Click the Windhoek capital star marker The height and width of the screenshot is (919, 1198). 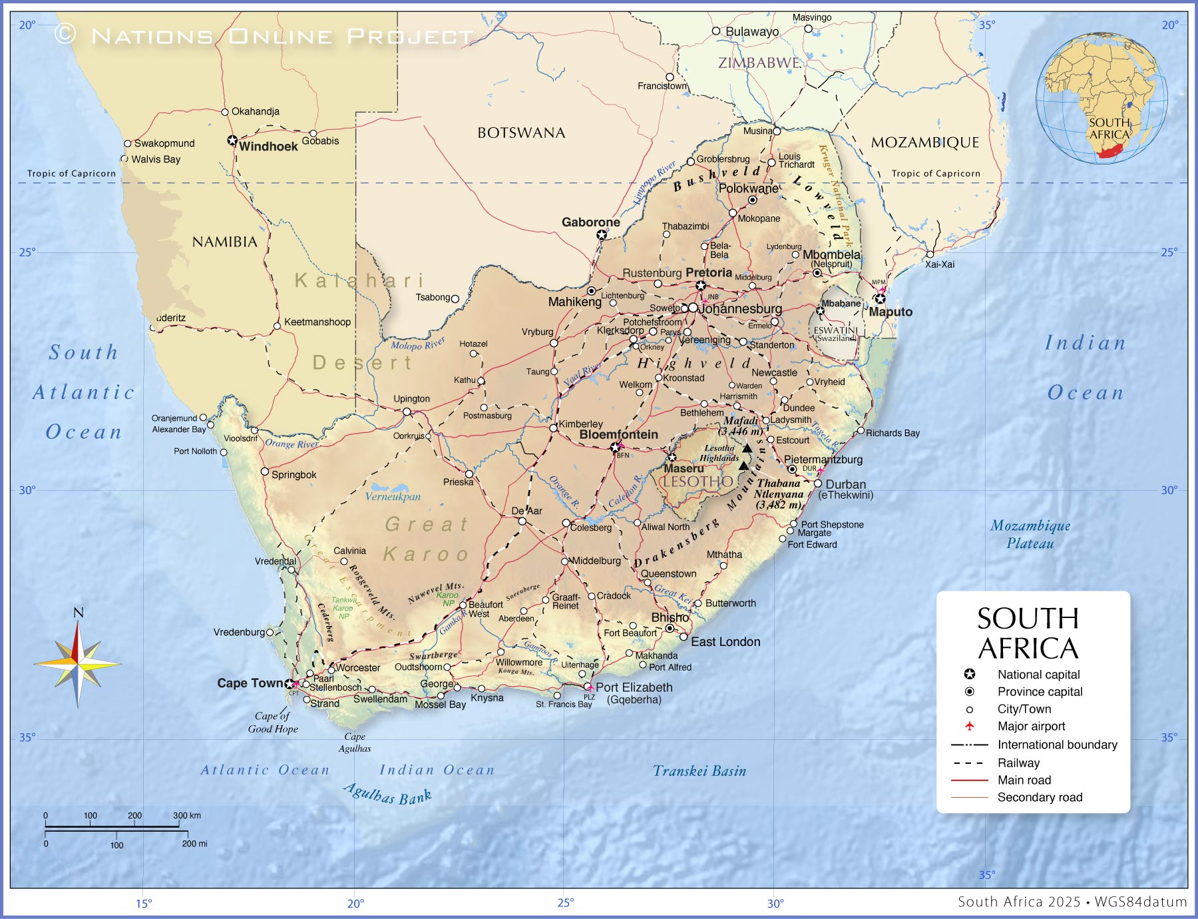pos(232,141)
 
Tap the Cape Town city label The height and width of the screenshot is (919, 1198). pos(250,683)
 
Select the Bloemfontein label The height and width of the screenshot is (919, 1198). pos(618,434)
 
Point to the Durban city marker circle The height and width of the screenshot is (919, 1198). pos(818,484)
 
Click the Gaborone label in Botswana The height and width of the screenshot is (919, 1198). pos(590,222)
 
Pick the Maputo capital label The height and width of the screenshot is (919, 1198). pos(891,312)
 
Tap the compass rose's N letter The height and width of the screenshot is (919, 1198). pos(78,613)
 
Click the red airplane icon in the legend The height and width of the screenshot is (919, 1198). pos(970,726)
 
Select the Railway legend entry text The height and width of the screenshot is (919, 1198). pos(1018,763)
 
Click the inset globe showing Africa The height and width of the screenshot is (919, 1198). pos(1101,99)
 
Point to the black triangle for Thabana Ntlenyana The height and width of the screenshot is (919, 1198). pos(743,465)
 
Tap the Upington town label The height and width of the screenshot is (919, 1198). pos(411,399)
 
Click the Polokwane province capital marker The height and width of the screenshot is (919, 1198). pos(752,200)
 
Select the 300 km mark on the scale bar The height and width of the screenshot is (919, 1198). pos(186,815)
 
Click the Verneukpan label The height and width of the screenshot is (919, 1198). pos(393,496)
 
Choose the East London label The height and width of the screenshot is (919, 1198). pos(725,642)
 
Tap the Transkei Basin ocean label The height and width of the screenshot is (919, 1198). pos(699,771)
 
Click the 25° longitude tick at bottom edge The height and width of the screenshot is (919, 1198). pos(565,903)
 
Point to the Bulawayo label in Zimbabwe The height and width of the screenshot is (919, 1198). pos(751,31)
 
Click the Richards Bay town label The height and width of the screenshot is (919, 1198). pos(892,433)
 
